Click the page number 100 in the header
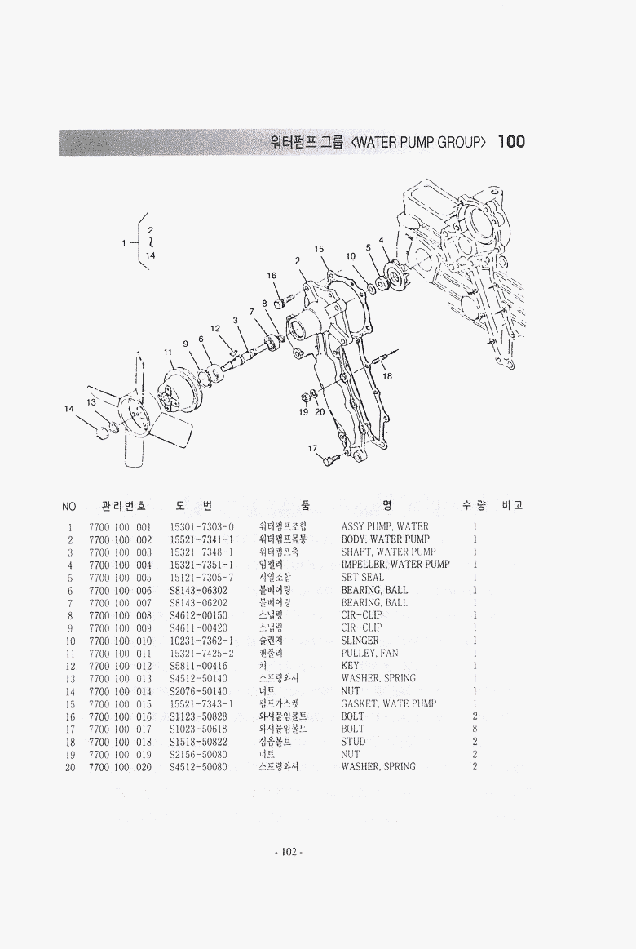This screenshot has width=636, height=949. tap(510, 141)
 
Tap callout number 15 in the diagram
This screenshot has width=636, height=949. tap(319, 249)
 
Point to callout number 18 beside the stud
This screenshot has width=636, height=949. tap(387, 376)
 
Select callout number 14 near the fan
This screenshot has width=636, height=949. tap(69, 408)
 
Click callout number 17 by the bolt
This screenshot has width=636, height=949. tap(312, 448)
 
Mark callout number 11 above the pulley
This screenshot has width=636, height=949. tap(168, 353)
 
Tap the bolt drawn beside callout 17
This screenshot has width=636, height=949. tap(330, 461)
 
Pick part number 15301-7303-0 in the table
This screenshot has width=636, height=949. tap(201, 526)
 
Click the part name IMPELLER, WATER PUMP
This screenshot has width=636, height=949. tap(395, 564)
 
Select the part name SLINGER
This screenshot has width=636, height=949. tap(360, 641)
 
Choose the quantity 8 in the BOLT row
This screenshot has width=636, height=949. tap(475, 729)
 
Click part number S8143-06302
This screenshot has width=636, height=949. tap(198, 590)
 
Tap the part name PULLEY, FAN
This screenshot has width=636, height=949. tap(369, 653)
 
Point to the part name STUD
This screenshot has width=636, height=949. tap(353, 742)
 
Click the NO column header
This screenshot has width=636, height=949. tap(69, 507)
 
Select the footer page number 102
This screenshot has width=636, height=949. tap(289, 853)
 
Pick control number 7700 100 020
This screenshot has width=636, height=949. tap(120, 767)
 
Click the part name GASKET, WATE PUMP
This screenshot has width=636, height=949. tap(388, 703)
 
